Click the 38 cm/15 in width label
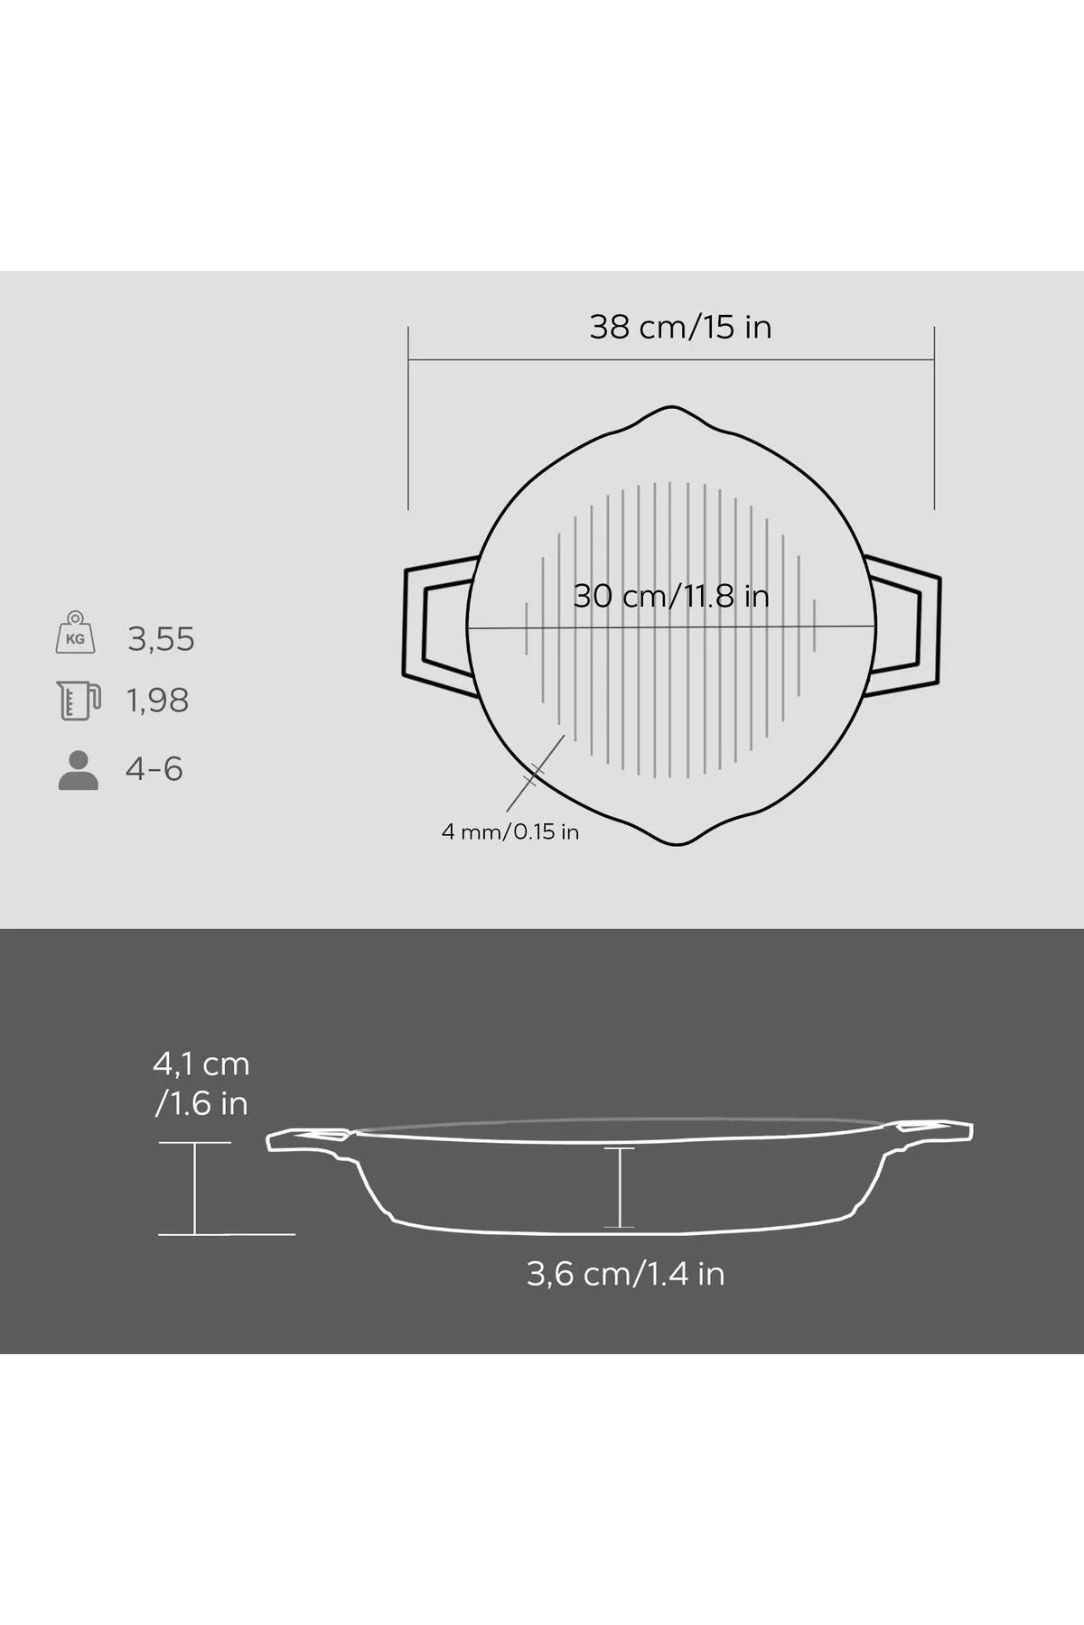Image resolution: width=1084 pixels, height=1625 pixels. point(680,327)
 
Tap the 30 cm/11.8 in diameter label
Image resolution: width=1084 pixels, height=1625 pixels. point(671,596)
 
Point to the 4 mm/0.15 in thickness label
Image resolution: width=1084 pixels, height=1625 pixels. point(510,831)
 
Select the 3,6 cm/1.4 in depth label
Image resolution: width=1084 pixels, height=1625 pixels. point(626,1274)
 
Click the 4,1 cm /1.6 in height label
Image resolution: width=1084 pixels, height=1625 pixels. point(201,1083)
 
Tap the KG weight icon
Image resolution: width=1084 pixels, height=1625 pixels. point(75,632)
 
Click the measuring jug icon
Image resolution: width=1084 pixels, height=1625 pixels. point(78,701)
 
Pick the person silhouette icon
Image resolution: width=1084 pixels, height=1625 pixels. point(79,770)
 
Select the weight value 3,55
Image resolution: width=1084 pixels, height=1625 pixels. point(161,639)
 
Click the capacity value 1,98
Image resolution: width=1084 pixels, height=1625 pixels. point(157,701)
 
